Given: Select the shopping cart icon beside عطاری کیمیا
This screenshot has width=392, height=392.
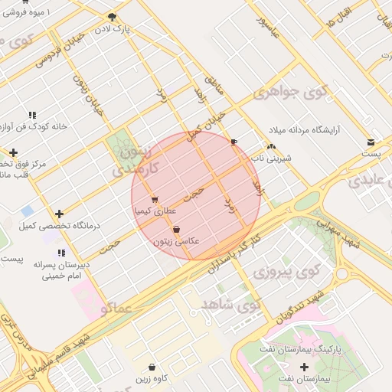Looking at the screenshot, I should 155,199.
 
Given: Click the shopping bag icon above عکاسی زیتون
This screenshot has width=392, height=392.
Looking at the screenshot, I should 177,229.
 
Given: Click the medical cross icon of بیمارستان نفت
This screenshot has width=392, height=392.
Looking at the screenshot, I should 304,367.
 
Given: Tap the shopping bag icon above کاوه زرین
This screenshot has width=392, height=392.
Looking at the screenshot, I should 152,367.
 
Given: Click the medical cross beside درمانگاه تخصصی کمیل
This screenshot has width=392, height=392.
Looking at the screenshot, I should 59,214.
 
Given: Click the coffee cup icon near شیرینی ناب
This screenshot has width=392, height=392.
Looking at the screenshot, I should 234,142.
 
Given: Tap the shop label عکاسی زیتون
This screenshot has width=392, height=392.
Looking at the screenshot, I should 177,241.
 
